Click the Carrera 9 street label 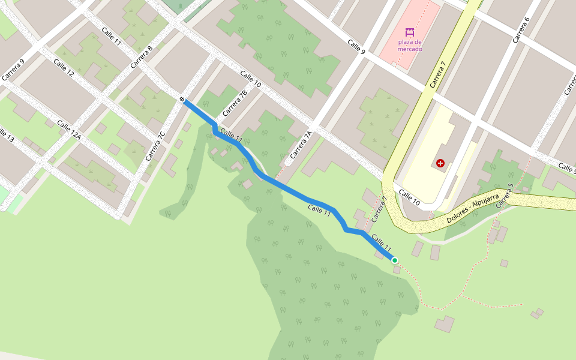13,70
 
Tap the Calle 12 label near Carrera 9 64,68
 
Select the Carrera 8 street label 142,56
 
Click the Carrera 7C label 155,146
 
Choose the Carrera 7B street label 235,103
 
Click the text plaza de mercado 410,45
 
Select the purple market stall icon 410,32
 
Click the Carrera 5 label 505,196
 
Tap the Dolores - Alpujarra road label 473,209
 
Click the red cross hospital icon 440,163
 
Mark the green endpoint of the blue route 394,260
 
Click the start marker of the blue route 182,99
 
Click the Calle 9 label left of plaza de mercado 356,47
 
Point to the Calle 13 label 6,134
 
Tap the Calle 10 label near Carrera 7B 251,79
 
